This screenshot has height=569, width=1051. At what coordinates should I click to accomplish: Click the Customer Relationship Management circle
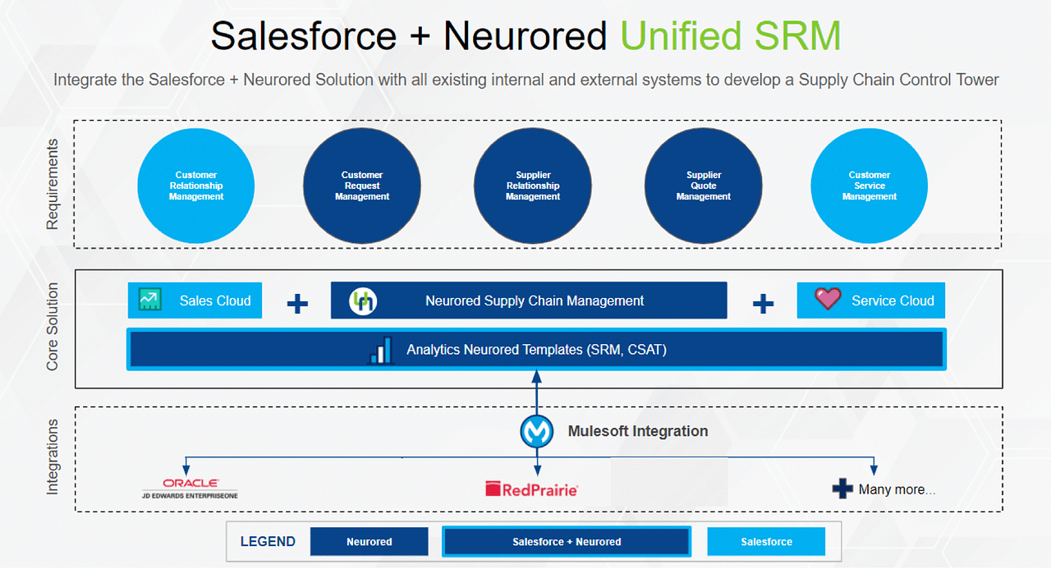click(x=196, y=186)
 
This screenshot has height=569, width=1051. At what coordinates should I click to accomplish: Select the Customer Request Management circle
click(x=362, y=186)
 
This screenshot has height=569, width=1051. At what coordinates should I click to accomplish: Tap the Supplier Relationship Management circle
click(x=533, y=186)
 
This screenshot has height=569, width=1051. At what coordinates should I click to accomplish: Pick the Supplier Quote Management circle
click(x=704, y=186)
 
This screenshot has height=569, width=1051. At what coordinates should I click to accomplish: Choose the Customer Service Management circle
click(x=870, y=186)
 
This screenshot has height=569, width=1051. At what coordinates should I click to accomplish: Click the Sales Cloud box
click(x=195, y=301)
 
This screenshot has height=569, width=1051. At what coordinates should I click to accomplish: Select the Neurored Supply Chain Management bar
click(x=529, y=301)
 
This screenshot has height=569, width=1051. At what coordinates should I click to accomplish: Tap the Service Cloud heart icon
click(x=827, y=299)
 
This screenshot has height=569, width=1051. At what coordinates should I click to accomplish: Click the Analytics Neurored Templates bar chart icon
click(x=380, y=350)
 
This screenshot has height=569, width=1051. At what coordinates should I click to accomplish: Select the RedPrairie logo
click(x=531, y=489)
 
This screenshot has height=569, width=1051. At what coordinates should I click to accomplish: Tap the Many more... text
click(x=896, y=490)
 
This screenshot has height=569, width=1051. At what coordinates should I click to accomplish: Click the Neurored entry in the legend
click(x=369, y=542)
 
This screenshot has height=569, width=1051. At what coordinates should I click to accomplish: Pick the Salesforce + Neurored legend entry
click(x=567, y=542)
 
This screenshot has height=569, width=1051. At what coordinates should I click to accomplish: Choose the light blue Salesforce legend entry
click(x=766, y=542)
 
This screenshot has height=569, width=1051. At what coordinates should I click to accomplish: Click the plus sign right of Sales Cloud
click(x=297, y=304)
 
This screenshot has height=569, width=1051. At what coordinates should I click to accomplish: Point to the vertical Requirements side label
click(x=53, y=184)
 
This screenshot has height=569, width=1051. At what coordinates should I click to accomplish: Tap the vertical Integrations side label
click(x=53, y=457)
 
